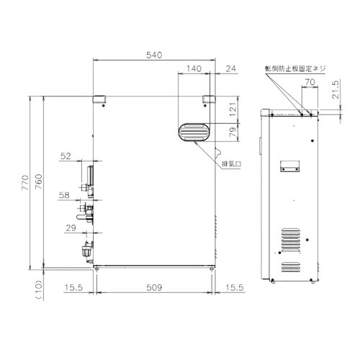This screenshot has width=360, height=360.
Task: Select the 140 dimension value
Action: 193,68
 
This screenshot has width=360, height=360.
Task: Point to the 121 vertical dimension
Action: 232,108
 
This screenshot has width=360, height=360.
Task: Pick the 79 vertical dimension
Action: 232,132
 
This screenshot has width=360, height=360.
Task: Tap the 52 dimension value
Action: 66,156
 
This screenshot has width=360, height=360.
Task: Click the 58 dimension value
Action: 66,195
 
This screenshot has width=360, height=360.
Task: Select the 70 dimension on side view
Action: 309,84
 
